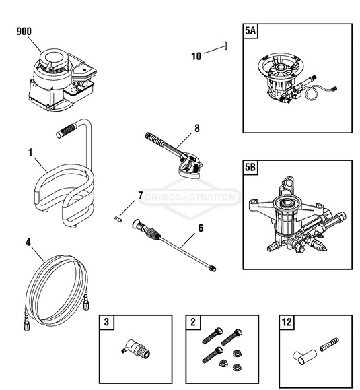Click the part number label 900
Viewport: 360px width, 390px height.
pos(25,31)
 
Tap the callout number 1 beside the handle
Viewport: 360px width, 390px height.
pos(30,153)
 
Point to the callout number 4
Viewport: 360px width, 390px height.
pos(27,241)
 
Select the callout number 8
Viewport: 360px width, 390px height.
pos(197,127)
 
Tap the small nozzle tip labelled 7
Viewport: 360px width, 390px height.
pos(120,218)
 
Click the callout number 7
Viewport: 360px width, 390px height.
pos(140,195)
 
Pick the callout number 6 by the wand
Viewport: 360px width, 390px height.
pos(200,228)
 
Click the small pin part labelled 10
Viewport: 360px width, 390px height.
pos(227,46)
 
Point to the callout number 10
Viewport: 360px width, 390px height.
pos(196,57)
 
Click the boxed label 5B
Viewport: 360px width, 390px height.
pos(251,168)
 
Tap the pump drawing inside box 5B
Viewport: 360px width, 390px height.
pos(296,212)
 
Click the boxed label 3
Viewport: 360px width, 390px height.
pos(106,322)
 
